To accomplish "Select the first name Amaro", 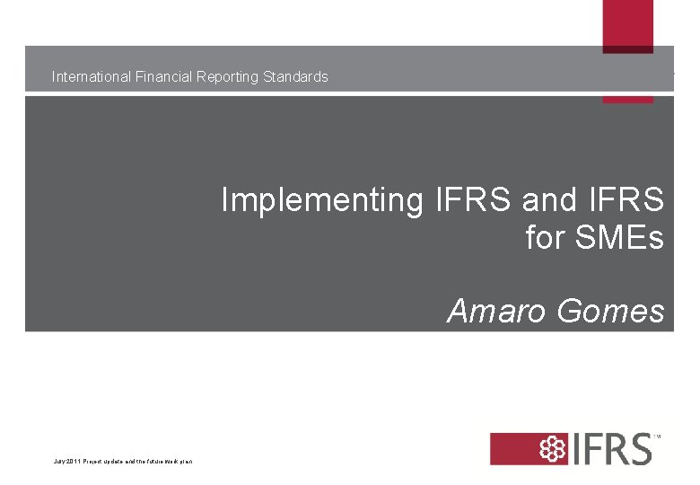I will coord(497,311).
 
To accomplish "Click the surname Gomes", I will coord(610,311).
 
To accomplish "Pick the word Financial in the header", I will coord(162,77).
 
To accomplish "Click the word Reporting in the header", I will coord(226,77).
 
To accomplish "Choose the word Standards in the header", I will coord(295,77).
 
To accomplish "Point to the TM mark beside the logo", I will coord(657,437).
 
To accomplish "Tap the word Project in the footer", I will coord(93,462).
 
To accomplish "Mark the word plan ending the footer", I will coord(186,462).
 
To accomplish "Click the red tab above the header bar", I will coord(627,24).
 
